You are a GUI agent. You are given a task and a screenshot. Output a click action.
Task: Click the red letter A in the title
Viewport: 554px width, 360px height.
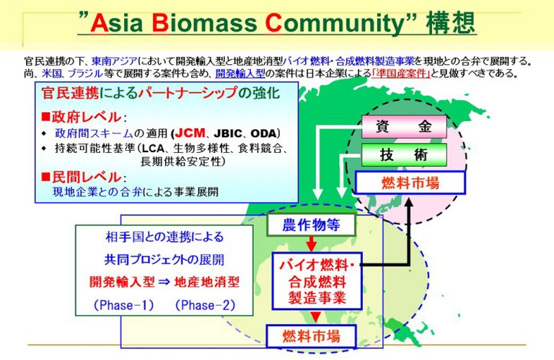[x=100, y=22]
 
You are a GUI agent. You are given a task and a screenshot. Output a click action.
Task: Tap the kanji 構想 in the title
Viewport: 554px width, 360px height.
[x=450, y=22]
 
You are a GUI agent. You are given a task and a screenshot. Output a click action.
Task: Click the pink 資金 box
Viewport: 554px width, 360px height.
[x=404, y=126]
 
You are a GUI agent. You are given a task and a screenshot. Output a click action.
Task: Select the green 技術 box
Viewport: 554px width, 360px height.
[x=404, y=154]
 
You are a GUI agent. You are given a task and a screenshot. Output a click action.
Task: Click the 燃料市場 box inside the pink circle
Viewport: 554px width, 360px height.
[x=410, y=183]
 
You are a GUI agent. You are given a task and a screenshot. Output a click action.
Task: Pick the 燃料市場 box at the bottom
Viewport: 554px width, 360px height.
[x=312, y=336]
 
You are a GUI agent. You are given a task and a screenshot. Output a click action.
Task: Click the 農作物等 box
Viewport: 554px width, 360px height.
[x=312, y=224]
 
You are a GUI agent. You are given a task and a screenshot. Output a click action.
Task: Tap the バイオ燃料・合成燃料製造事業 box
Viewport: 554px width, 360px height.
[x=317, y=281]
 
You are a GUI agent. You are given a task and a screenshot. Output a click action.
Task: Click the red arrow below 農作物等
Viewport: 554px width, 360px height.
[x=312, y=244]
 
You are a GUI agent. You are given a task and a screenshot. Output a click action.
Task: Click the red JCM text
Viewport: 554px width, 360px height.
[x=190, y=133]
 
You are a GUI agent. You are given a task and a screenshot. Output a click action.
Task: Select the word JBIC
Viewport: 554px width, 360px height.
[x=228, y=133]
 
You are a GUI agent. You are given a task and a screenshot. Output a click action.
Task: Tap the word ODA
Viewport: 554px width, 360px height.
[x=263, y=133]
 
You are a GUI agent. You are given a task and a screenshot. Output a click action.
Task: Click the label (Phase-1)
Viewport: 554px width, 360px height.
[x=123, y=305]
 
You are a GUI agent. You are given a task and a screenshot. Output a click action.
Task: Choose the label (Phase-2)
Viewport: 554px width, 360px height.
[x=205, y=305]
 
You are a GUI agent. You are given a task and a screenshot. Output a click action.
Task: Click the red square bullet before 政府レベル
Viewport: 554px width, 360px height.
[x=45, y=116]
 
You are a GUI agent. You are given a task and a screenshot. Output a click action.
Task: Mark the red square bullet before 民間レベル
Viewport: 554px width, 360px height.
[x=45, y=176]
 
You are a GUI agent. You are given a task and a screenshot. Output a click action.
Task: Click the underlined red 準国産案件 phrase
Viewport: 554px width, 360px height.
[x=401, y=73]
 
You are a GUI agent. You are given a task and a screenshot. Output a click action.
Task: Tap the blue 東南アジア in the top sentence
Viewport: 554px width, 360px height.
[x=114, y=61]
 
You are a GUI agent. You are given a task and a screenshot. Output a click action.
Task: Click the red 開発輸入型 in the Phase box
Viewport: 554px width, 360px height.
[x=122, y=282]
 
